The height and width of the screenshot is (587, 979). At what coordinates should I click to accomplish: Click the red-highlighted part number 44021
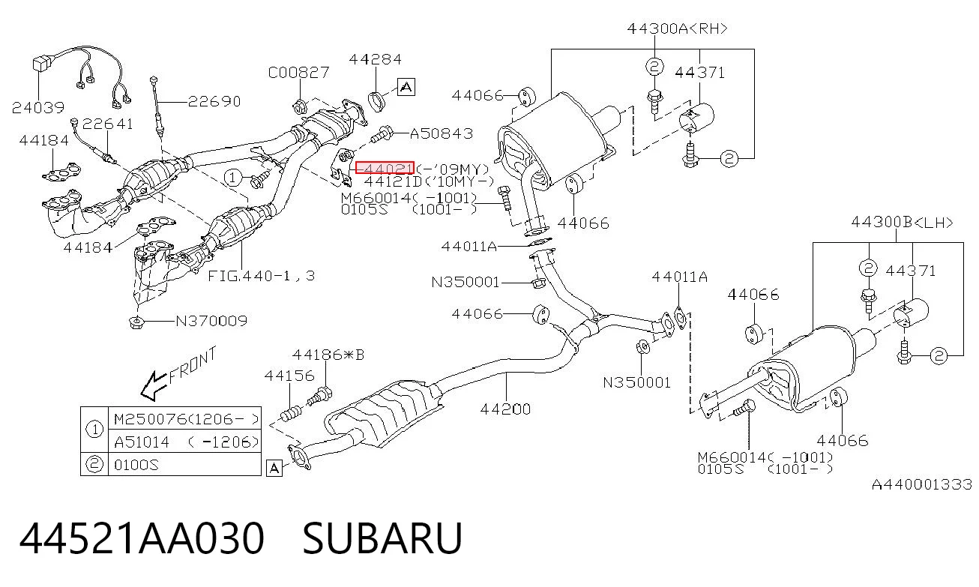pyautogui.click(x=385, y=167)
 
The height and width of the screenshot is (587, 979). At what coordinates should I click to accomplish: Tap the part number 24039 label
pyautogui.click(x=38, y=107)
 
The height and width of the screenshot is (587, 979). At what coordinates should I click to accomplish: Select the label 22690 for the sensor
pyautogui.click(x=214, y=101)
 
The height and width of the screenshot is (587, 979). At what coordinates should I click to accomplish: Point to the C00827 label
pyautogui.click(x=298, y=72)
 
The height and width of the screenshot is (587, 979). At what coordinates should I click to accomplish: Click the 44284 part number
pyautogui.click(x=375, y=59)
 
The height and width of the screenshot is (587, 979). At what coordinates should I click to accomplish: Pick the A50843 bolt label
pyautogui.click(x=442, y=133)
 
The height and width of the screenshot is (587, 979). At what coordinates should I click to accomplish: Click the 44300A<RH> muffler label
pyautogui.click(x=678, y=28)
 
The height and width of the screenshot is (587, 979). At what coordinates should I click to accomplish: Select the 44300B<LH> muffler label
pyautogui.click(x=902, y=223)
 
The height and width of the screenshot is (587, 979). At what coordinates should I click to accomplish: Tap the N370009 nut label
pyautogui.click(x=211, y=322)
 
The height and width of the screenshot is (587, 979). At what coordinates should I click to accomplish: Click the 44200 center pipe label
pyautogui.click(x=505, y=409)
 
